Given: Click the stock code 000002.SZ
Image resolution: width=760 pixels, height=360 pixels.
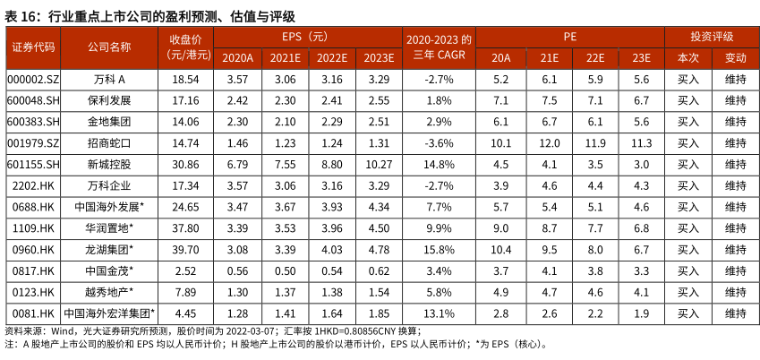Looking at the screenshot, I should pos(32,80).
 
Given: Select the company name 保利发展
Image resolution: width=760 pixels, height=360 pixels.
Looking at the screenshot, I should pos(109,99).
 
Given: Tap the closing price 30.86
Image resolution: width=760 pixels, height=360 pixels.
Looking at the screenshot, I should pos(185,164).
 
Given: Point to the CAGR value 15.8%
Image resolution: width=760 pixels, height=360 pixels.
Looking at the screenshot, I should pos(440,249).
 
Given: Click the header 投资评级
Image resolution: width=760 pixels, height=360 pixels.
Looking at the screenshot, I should pos(712,36).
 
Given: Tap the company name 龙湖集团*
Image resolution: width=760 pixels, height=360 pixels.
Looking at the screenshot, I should pos(109,249).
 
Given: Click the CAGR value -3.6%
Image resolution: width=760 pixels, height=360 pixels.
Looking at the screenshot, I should pos(440,142).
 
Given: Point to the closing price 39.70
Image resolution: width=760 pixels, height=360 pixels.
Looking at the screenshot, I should pos(185,249).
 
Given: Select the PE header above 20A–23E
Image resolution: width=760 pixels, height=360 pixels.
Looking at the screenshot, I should pos(570,36).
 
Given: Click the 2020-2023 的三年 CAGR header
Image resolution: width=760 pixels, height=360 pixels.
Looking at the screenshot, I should pos(440,47).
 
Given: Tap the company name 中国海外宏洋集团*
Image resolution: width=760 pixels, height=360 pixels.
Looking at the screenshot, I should pos(109,313).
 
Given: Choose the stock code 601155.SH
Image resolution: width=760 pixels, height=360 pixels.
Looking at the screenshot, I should pos(32,164).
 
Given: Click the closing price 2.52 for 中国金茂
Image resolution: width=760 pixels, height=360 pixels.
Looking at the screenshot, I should pos(185,270).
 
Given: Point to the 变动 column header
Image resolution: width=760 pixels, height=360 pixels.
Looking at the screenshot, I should pos(735,57).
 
